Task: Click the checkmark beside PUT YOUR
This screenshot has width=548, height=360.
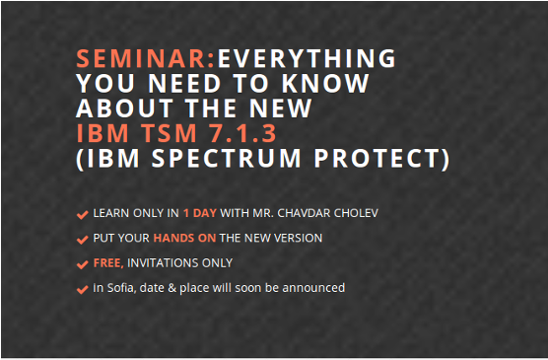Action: coord(82,239)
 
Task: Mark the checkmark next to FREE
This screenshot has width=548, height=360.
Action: coord(82,264)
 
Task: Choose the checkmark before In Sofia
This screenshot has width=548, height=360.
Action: coord(82,289)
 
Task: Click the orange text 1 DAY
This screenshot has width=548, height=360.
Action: coord(201,213)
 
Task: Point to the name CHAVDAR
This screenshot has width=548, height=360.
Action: coord(306,213)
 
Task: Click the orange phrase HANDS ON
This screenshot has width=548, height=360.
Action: coord(184,238)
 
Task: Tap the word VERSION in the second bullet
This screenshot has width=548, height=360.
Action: coord(296,238)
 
